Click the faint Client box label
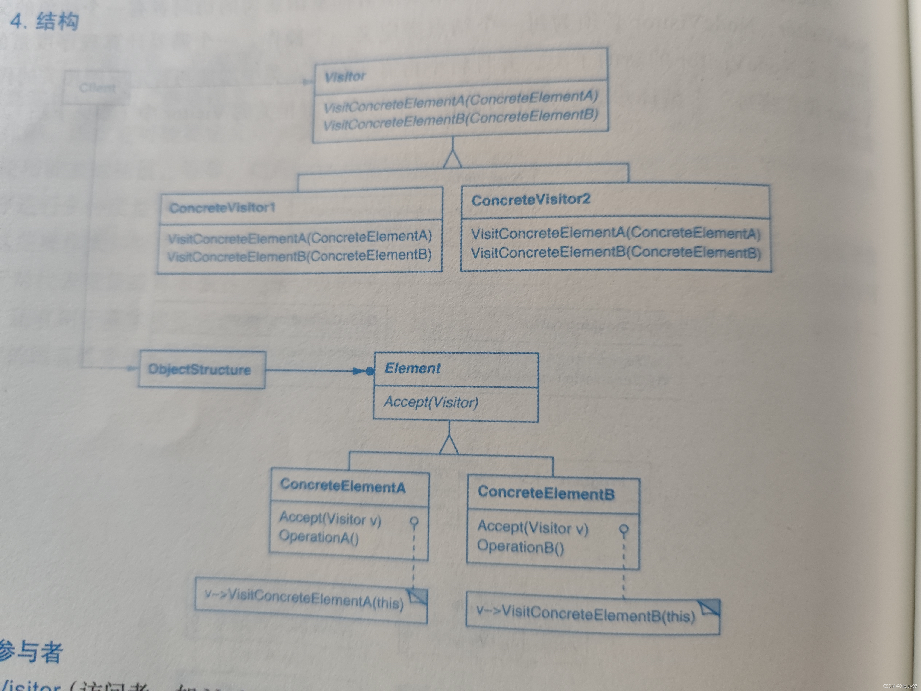coord(97,88)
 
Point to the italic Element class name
coord(412,368)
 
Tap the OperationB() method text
coord(520,546)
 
